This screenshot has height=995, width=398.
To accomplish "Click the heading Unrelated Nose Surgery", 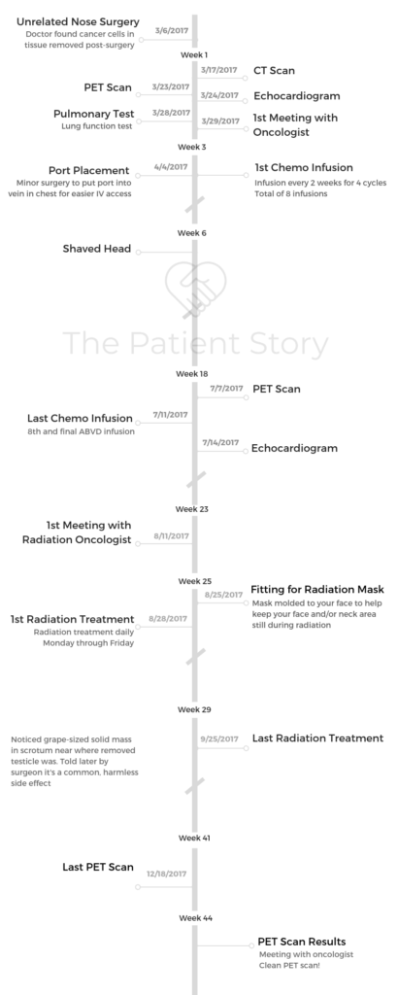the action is coord(78,21).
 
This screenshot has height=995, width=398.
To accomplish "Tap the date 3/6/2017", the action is coord(172,30).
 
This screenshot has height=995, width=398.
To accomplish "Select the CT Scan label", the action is coord(274,70).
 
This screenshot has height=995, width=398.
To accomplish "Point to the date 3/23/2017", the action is coord(171,86).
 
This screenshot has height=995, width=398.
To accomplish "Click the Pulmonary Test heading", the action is coord(94,114).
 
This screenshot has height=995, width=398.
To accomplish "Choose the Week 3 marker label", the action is coord(192,147).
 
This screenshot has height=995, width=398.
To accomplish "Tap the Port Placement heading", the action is coord(88,171).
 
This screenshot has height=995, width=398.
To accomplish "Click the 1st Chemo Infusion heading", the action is coord(304,167).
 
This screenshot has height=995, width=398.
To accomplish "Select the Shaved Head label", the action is coord(97,249).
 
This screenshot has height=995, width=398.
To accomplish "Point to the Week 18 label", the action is coord(192,374).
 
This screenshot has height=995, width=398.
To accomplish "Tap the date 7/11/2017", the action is coord(171,414).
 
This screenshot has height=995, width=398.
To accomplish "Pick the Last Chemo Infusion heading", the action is coord(80,418).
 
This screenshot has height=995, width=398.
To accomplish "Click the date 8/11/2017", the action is coord(171,536).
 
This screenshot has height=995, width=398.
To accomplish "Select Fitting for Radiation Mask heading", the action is coord(316,590).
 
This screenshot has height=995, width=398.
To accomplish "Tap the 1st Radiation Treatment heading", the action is coord(72,619).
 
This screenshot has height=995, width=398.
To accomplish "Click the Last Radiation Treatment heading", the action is coord(317,738).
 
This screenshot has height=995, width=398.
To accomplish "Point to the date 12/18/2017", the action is coord(167,874).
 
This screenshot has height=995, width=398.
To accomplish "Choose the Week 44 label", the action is coord(195,918).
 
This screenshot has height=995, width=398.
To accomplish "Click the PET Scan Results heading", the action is coord(302,942).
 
